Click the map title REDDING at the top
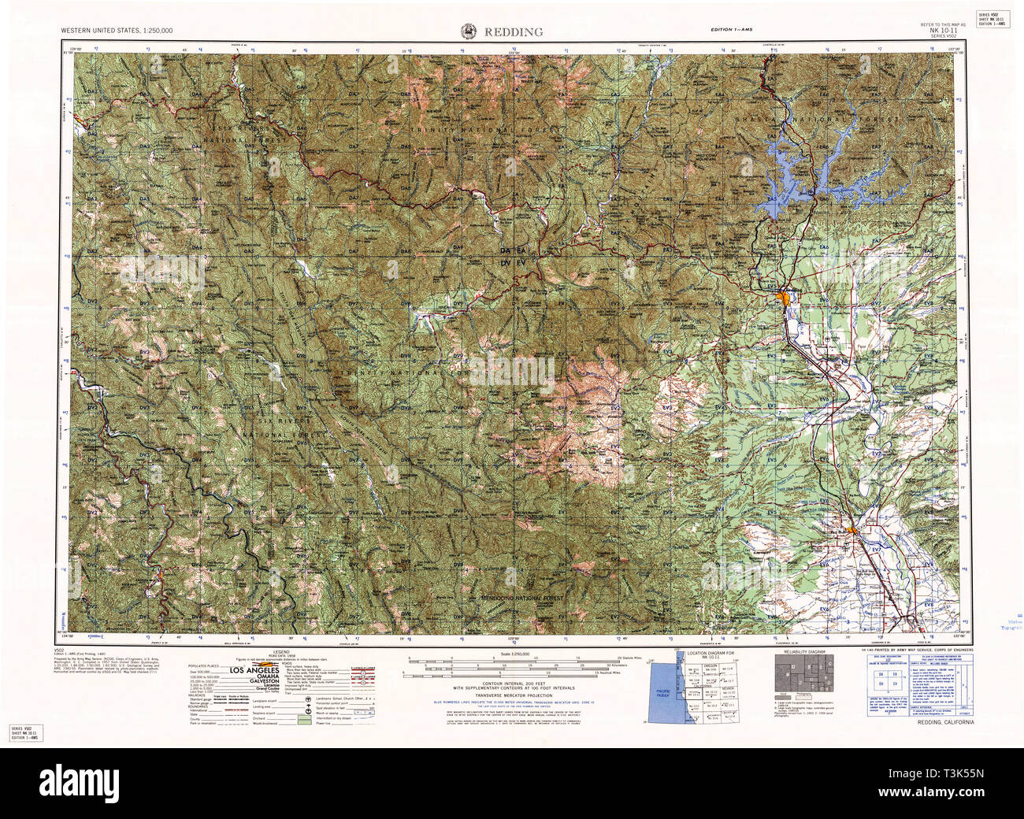(514, 31)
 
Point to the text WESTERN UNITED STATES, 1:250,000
(117, 30)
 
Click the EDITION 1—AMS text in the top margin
(731, 30)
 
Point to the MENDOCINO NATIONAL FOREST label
(523, 598)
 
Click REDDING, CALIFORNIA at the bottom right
(946, 722)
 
